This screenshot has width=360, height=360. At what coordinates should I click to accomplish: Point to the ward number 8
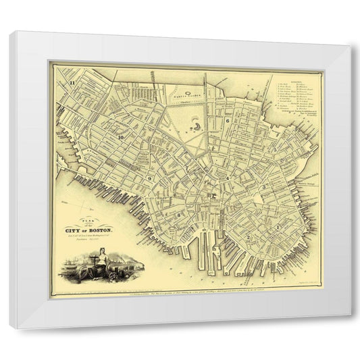click(179, 215)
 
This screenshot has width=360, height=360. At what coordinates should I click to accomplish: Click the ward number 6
click(229, 121)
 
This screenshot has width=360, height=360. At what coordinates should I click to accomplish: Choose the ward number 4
click(228, 177)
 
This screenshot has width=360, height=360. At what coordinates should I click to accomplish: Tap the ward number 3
click(265, 186)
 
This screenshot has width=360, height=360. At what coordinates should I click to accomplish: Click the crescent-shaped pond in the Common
click(196, 124)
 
